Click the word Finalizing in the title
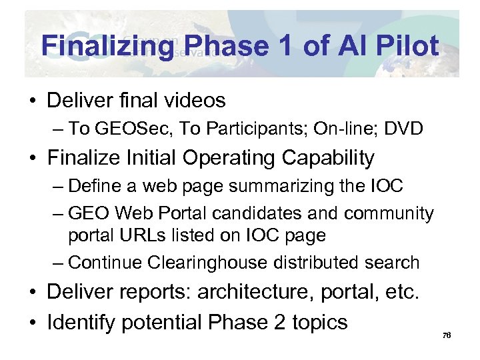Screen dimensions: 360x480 107,46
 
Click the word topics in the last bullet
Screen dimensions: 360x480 317,322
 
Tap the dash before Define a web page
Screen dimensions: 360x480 58,186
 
